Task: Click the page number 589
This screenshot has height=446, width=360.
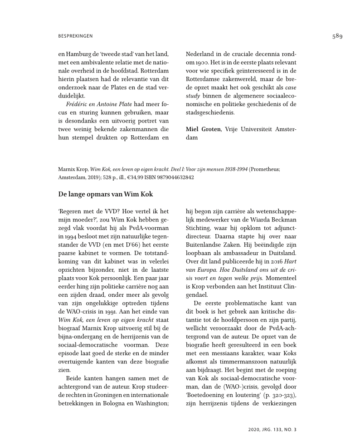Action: pos(337,37)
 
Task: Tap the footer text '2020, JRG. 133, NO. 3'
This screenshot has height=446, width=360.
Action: pos(273,428)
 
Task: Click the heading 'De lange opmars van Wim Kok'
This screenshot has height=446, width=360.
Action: pos(106,195)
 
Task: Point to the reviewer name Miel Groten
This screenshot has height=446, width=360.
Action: pos(203,129)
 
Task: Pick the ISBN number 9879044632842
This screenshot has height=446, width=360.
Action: pos(173,177)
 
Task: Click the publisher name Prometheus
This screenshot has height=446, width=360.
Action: pos(266,169)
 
